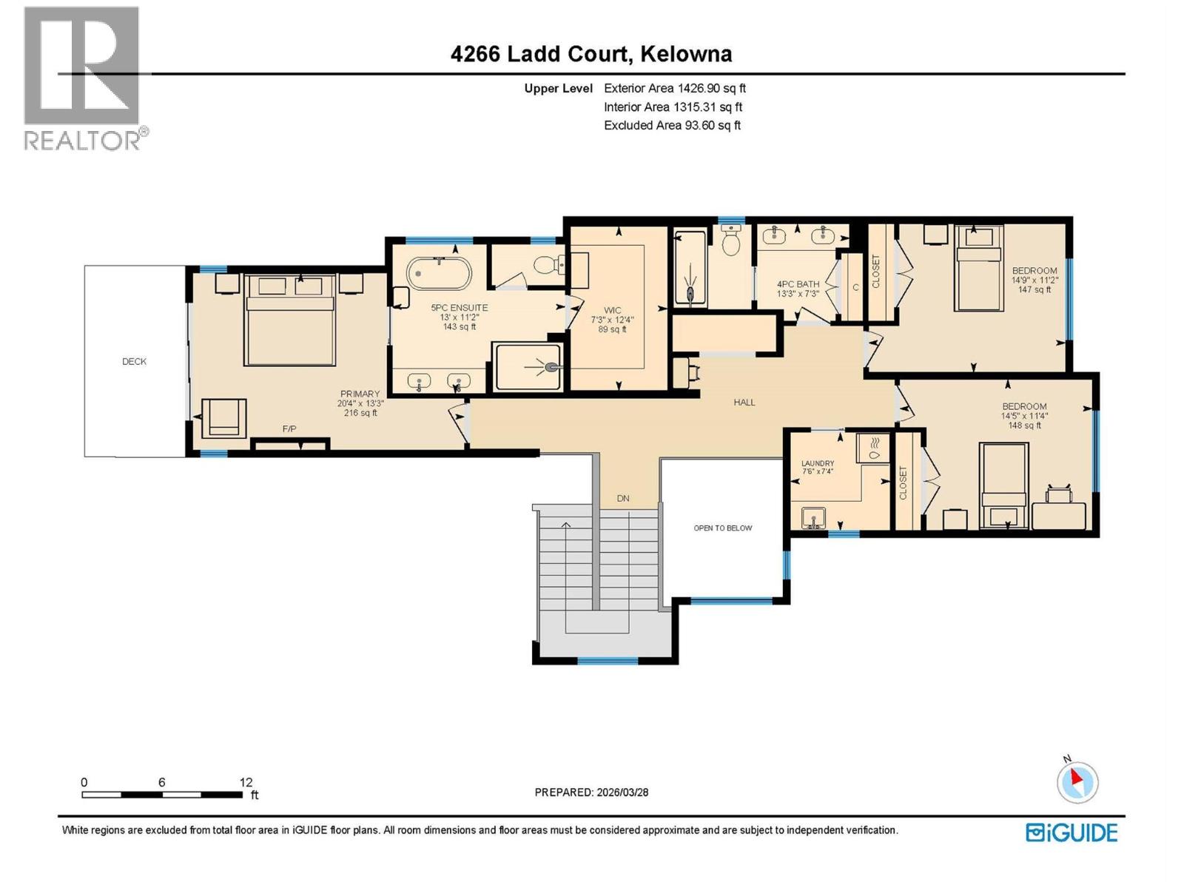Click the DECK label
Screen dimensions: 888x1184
pos(134,362)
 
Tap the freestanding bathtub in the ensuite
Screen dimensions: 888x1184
pos(439,273)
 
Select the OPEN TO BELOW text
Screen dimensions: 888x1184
pos(722,528)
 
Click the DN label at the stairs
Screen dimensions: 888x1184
pos(623,499)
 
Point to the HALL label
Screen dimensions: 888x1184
pos(744,403)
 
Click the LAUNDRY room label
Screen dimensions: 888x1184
pos(818,464)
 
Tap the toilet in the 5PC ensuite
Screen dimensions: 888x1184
pos(548,264)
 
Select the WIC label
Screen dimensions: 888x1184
pos(613,311)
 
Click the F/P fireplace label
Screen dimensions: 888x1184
pos(289,429)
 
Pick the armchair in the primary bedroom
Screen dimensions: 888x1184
pos(223,418)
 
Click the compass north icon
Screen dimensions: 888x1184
pos(1077,782)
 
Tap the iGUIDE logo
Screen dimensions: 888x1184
pos(1072,832)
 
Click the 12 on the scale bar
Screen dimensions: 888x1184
pos(246,782)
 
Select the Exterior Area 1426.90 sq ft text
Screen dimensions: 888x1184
pos(675,88)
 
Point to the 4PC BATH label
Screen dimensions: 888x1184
pos(798,284)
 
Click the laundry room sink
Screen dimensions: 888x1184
pos(813,517)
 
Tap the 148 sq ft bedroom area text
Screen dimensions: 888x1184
pos(1024,425)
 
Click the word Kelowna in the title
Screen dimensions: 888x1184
pos(686,54)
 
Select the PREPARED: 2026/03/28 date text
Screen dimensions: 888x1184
pos(591,792)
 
